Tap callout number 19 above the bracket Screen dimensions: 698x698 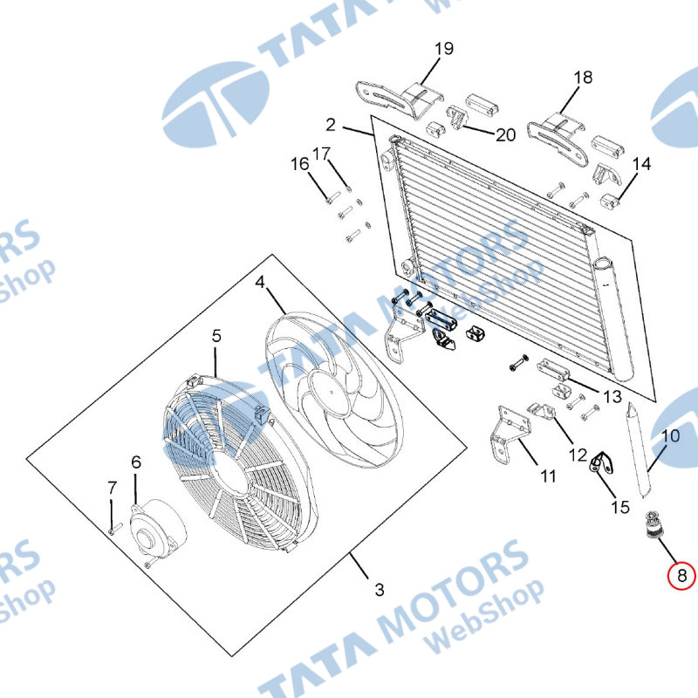[444, 49]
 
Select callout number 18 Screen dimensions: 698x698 [583, 77]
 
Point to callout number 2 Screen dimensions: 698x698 [331, 123]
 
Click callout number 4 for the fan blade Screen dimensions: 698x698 [259, 282]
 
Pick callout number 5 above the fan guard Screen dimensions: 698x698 [216, 335]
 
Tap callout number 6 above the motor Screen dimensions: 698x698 [135, 462]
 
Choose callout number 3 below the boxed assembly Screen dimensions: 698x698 [379, 590]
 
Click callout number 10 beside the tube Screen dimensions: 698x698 [670, 435]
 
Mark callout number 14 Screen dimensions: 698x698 [641, 164]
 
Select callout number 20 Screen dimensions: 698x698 [505, 134]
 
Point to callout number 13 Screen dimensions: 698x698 [612, 397]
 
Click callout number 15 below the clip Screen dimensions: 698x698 [619, 506]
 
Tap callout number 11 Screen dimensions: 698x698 [547, 476]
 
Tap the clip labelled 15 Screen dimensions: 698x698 [600, 462]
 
